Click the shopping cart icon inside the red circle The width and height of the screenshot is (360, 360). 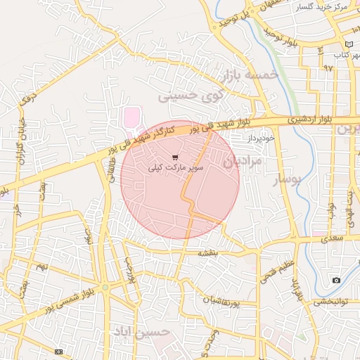(175, 157)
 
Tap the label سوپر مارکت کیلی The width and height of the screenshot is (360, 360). (175, 169)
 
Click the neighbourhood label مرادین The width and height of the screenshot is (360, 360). (243, 162)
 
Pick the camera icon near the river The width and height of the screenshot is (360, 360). (336, 281)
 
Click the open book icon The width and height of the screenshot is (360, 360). (349, 44)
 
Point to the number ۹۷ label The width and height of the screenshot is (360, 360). (328, 68)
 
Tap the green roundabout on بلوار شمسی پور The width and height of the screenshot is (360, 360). (105, 287)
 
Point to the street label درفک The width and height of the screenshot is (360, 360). (28, 96)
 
